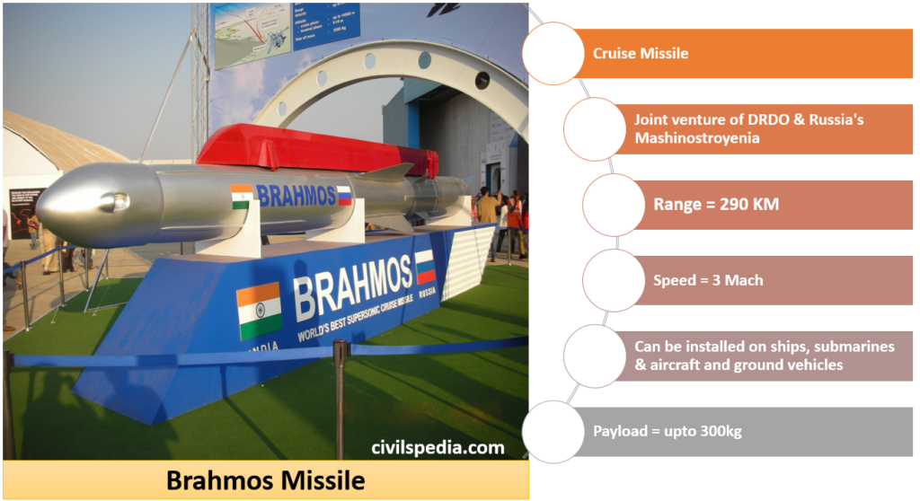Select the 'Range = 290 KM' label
pos(715,205)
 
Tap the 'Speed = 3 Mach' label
pos(708,280)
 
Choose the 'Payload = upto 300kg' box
pos(667,431)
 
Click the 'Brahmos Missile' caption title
pos(265,481)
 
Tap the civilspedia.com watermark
pos(438,447)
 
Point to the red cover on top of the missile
pos(314,147)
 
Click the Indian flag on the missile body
pos(241,197)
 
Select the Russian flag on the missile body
pos(343,195)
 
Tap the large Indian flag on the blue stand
pos(259,311)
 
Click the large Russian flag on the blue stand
pos(425,267)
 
